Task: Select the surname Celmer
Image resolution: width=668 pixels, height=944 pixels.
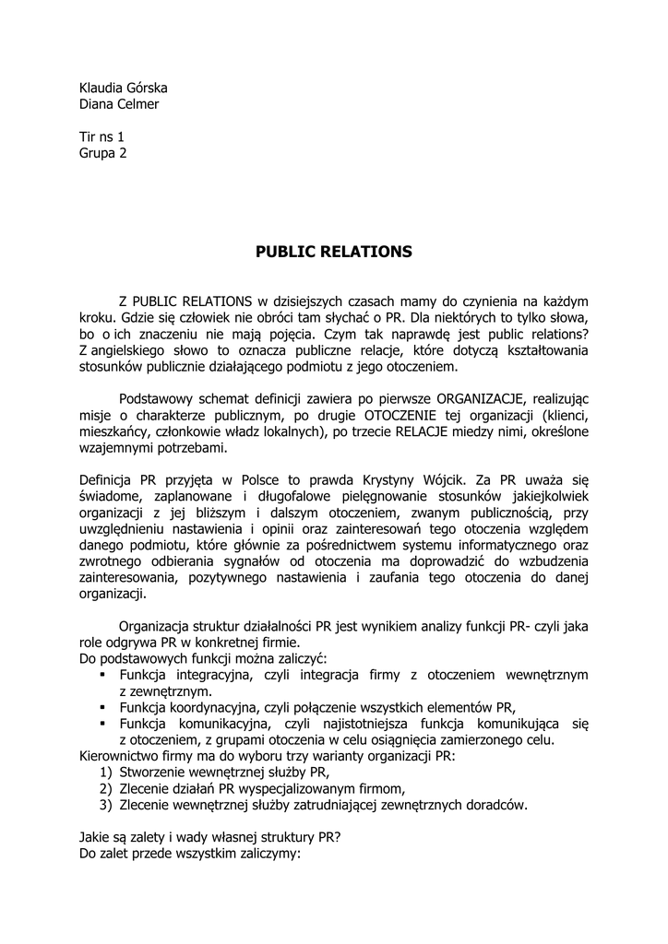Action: tap(141, 104)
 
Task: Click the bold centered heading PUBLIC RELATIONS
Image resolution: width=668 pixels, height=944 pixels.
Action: tap(334, 251)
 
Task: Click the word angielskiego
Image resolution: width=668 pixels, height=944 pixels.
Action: tap(132, 350)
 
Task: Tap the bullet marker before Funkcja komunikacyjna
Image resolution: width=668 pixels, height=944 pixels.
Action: tap(103, 724)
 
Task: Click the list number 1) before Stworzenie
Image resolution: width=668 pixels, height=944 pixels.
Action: tap(105, 773)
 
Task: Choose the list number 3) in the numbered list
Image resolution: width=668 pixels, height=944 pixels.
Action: tap(105, 805)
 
